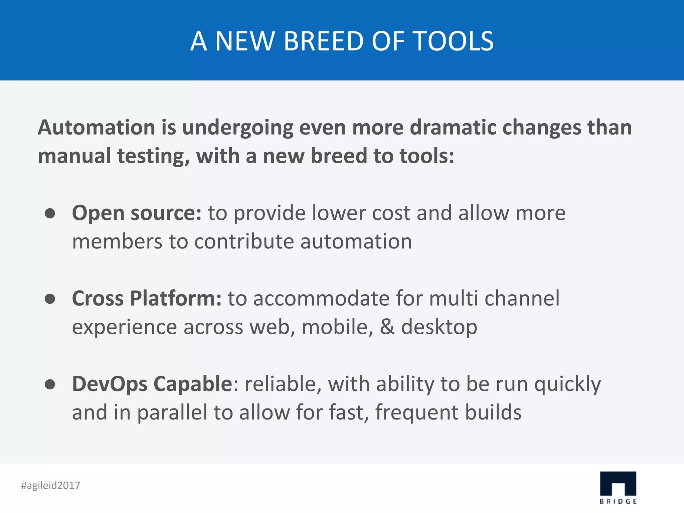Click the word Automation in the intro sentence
96,128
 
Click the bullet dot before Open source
50,213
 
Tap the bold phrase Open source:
137,213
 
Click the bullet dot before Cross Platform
50,299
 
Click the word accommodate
321,298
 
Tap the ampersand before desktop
387,327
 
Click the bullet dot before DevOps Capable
50,384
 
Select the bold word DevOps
110,384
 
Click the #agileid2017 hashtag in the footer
51,485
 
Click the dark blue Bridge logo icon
618,484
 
